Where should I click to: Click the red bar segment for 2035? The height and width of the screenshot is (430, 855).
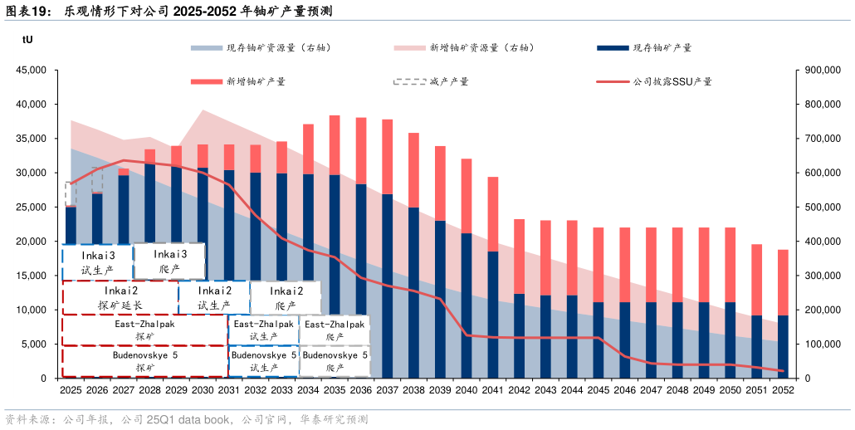pos(335,145)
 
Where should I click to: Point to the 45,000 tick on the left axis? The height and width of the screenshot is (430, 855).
pos(31,71)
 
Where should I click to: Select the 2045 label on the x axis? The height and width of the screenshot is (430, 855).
pos(598,390)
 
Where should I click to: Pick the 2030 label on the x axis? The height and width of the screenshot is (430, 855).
pos(203,390)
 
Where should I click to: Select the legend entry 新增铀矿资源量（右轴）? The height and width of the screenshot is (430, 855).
pos(481,48)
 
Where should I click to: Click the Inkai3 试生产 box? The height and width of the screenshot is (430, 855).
pos(98,261)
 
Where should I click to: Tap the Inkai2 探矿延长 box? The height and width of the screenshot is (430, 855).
pos(120,298)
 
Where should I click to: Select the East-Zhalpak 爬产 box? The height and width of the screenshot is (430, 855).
pos(334,330)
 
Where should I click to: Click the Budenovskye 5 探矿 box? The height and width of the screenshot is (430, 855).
pos(145,361)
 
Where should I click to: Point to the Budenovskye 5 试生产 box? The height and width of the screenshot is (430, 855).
pos(264,361)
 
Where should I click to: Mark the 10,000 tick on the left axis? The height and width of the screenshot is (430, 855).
pos(31,310)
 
